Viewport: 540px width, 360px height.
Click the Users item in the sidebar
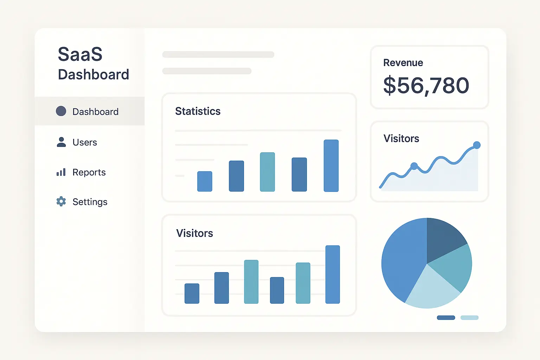(84, 142)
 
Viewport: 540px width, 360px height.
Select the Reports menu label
(89, 172)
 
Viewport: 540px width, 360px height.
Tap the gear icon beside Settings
(61, 201)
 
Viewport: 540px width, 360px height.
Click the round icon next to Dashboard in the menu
(61, 111)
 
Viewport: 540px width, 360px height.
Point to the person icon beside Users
(61, 142)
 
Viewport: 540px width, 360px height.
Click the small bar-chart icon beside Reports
(61, 172)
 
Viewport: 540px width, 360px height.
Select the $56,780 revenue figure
(426, 85)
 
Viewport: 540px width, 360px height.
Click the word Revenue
(403, 63)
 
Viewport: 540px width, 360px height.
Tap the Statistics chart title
(198, 111)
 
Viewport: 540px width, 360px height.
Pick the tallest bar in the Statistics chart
(331, 166)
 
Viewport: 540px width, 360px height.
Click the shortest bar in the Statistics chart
(205, 181)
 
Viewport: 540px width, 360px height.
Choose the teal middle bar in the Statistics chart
(267, 172)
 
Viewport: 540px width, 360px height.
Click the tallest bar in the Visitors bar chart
(333, 274)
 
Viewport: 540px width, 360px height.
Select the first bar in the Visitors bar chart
(192, 293)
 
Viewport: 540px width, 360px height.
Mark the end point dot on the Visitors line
(477, 145)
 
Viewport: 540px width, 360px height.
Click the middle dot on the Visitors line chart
(414, 166)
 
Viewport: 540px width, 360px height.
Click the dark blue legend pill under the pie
(446, 318)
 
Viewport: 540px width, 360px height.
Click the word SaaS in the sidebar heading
(80, 54)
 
